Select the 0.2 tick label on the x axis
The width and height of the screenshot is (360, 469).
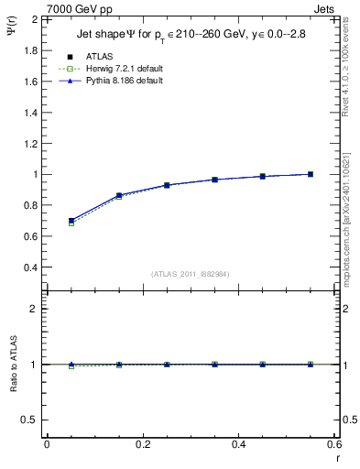(142, 444)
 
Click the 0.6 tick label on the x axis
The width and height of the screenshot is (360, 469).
(335, 444)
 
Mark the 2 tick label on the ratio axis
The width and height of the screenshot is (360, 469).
(34, 309)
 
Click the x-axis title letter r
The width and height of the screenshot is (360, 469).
(337, 457)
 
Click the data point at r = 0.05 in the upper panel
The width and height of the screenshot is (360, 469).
(71, 221)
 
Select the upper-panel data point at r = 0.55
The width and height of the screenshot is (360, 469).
(311, 174)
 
